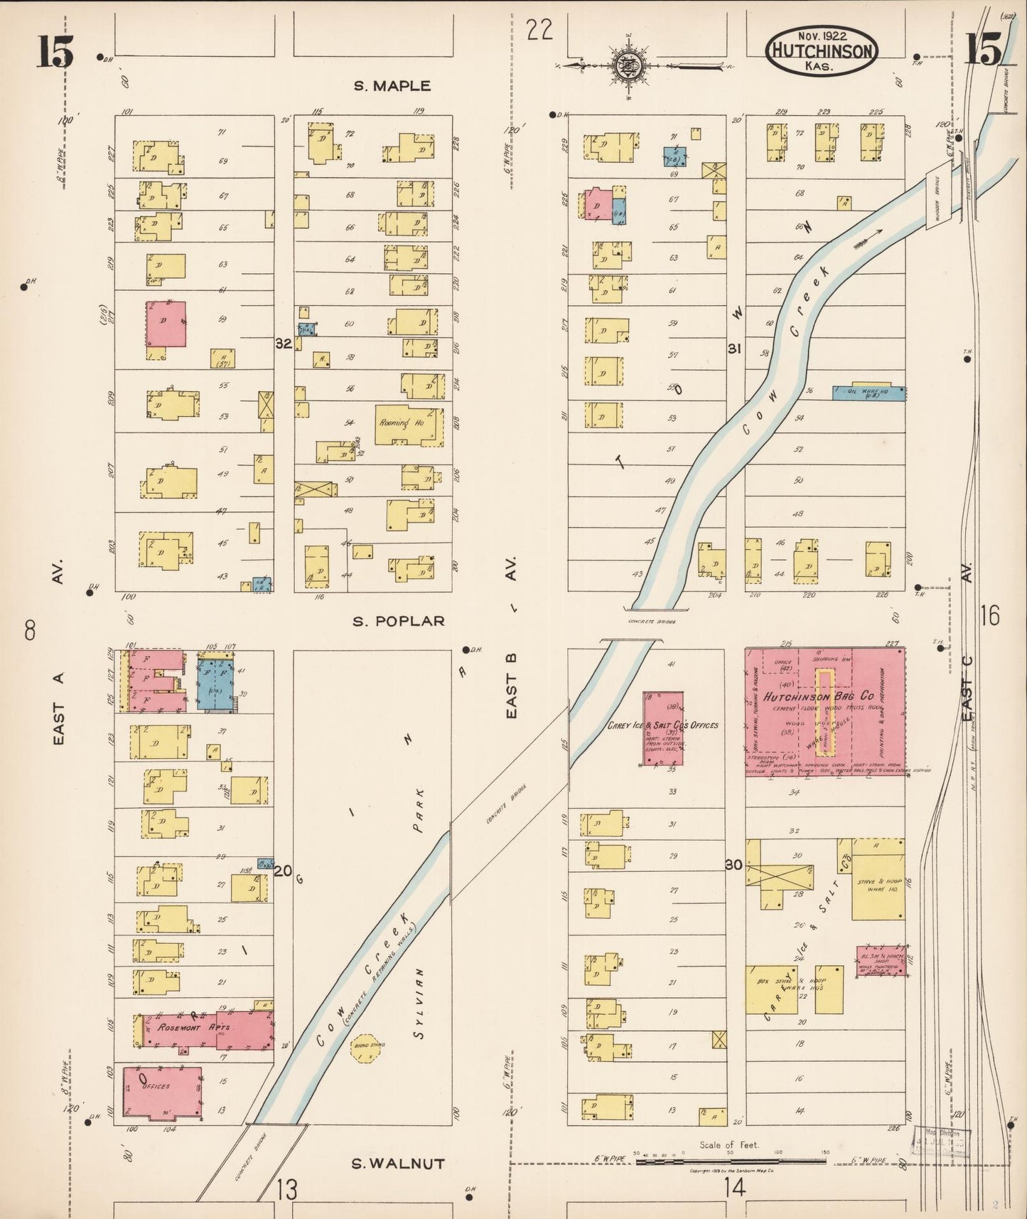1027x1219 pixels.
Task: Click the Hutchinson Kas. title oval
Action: pyautogui.click(x=821, y=51)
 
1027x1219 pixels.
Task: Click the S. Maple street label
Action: pyautogui.click(x=392, y=86)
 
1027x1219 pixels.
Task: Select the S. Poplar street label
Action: pyautogui.click(x=399, y=621)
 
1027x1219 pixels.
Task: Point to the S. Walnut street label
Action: pyautogui.click(x=399, y=1164)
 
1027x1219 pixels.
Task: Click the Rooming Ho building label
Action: pyautogui.click(x=401, y=422)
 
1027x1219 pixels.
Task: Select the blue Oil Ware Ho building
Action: pyautogui.click(x=869, y=393)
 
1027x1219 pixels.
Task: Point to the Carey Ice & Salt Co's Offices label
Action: pyautogui.click(x=662, y=725)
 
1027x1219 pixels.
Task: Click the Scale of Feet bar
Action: pyautogui.click(x=730, y=1161)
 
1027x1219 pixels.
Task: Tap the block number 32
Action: pyautogui.click(x=284, y=344)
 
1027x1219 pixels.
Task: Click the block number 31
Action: pyautogui.click(x=734, y=348)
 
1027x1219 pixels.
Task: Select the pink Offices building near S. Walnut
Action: pyautogui.click(x=162, y=1092)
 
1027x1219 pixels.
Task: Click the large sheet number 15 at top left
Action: pyautogui.click(x=55, y=52)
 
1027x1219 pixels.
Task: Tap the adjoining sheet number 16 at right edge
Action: pyautogui.click(x=989, y=614)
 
